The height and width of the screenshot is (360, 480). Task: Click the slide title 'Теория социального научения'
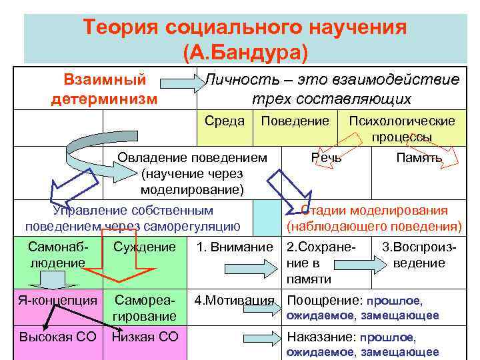[x=245, y=28]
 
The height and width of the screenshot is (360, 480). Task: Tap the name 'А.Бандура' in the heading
[x=245, y=51]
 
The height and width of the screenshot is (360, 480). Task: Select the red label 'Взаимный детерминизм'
[x=105, y=89]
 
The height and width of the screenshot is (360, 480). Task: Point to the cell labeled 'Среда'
[x=225, y=121]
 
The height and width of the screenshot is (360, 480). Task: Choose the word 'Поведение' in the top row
[x=295, y=121]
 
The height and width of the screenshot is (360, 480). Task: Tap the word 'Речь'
[x=327, y=158]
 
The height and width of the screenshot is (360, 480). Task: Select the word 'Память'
[x=419, y=158]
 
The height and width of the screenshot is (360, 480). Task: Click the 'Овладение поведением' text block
[x=192, y=173]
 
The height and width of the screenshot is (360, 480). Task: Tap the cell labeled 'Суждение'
[x=144, y=247]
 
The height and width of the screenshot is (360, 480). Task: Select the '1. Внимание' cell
[x=234, y=247]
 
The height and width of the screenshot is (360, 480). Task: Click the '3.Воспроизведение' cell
[x=419, y=255]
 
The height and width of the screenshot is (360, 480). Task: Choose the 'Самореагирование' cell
[x=145, y=307]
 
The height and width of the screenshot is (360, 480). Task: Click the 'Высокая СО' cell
[x=57, y=337]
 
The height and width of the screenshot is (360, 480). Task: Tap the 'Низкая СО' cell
[x=145, y=337]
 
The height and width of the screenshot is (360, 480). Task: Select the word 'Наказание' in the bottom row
[x=315, y=338]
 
